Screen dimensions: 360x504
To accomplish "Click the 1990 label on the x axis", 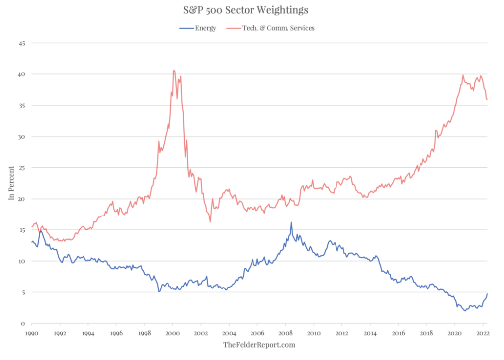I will click(x=32, y=333).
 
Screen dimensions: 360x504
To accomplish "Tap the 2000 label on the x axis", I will click(x=172, y=333).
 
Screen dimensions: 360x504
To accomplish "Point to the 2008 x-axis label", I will click(x=285, y=333).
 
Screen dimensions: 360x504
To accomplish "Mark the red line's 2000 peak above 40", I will click(x=174, y=70).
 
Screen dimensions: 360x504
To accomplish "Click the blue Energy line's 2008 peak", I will click(x=291, y=222).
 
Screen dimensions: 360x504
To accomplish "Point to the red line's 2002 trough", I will click(x=210, y=221).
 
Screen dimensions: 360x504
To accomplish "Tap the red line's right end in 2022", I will click(x=488, y=100).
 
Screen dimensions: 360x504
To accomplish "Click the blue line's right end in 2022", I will click(x=488, y=293).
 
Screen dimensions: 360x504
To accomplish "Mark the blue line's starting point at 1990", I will click(x=32, y=242).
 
